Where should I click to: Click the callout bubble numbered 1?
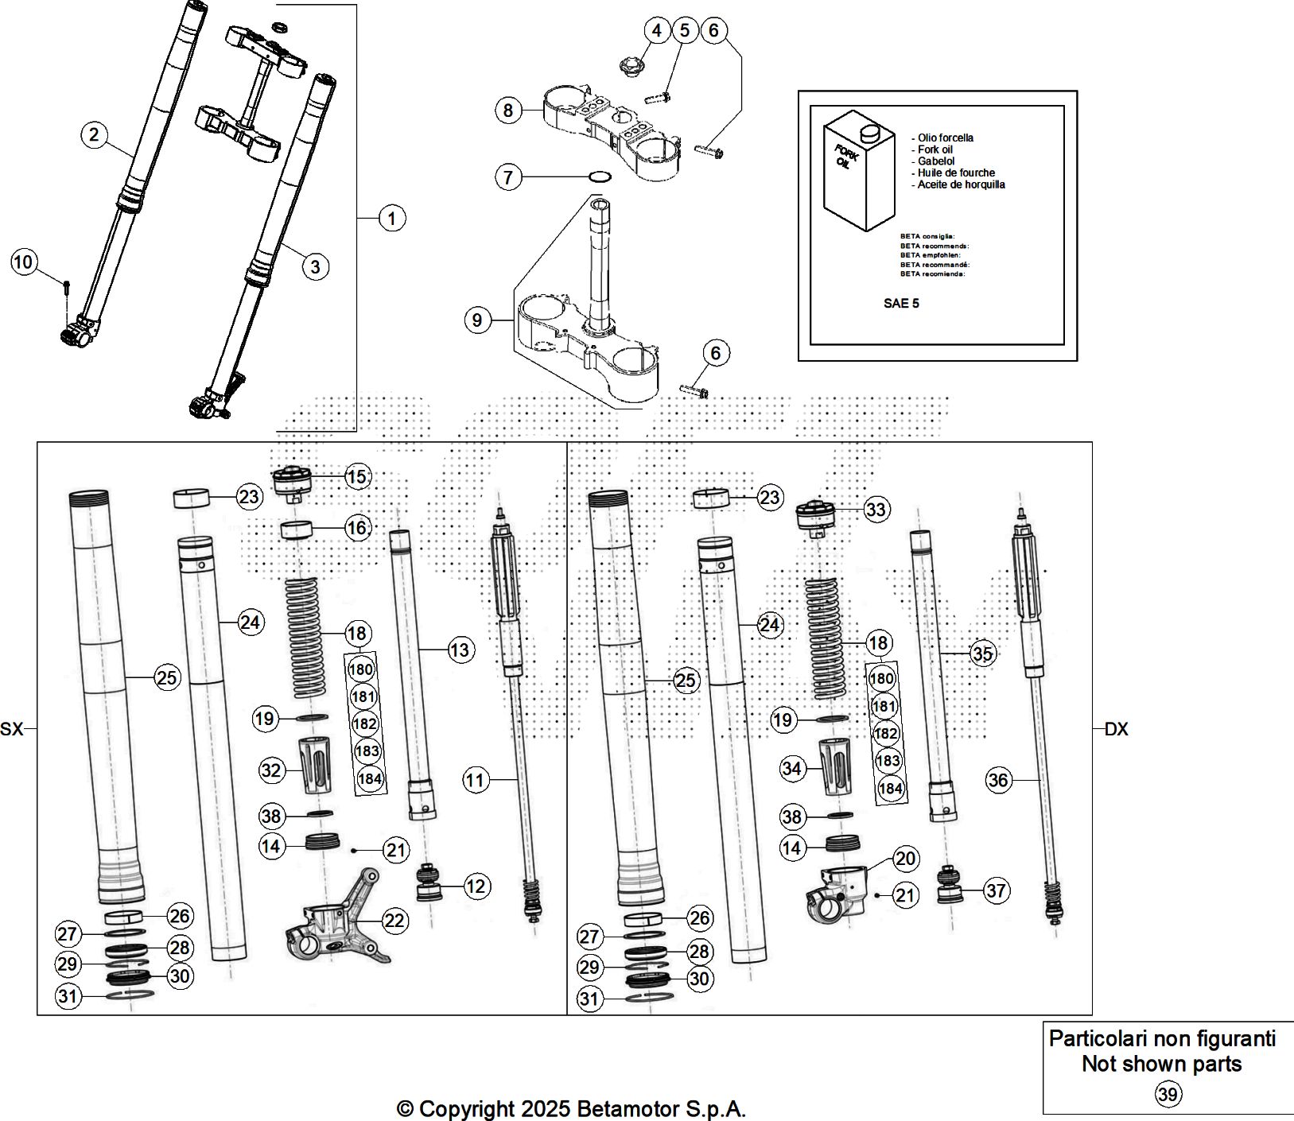click(x=391, y=217)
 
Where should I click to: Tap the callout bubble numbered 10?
click(x=25, y=262)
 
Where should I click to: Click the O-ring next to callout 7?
click(x=599, y=176)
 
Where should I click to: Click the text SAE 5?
click(x=901, y=303)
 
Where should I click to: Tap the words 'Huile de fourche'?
click(x=955, y=173)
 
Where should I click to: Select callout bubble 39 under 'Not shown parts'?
click(x=1168, y=1095)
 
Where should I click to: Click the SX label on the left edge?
click(x=12, y=728)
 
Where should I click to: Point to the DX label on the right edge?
click(x=1116, y=729)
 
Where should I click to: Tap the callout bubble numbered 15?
click(x=357, y=476)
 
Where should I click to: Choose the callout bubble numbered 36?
click(x=997, y=780)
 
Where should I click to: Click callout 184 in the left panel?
click(x=370, y=778)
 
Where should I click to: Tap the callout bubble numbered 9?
click(x=476, y=320)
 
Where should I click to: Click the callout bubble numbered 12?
click(x=476, y=886)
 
